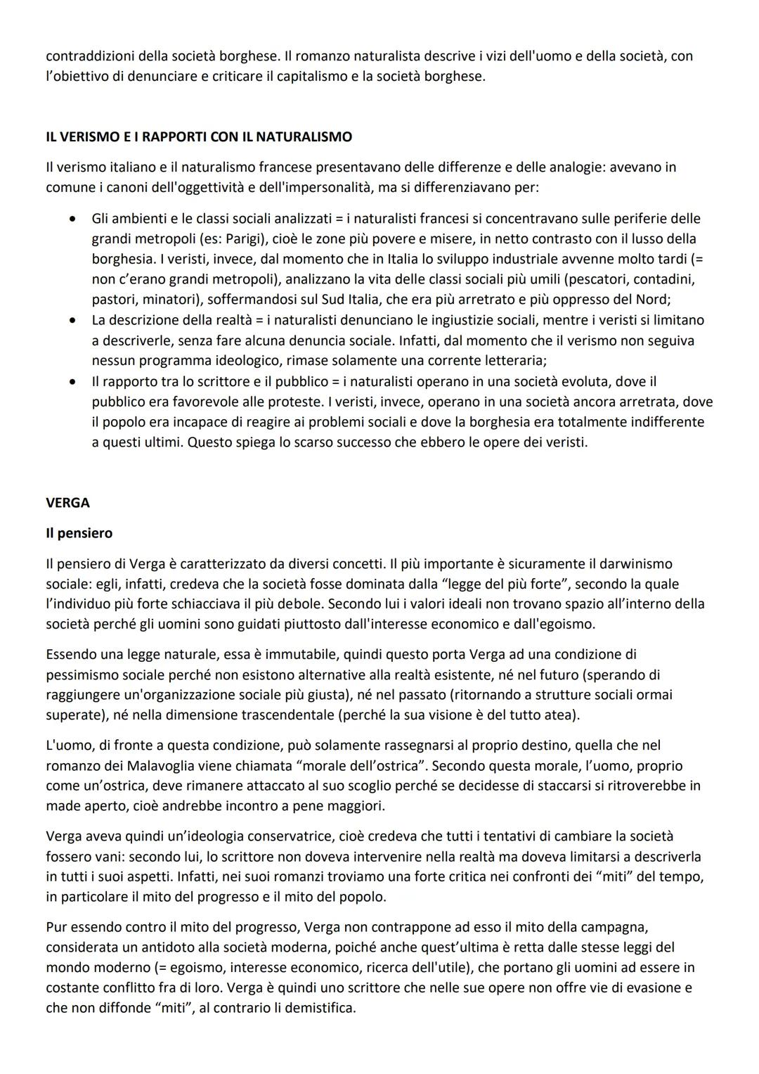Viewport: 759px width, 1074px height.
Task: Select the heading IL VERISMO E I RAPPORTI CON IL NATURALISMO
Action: click(x=199, y=136)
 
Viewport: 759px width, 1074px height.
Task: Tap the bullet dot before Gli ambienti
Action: click(x=72, y=219)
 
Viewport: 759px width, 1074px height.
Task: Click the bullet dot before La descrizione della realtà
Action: click(x=72, y=321)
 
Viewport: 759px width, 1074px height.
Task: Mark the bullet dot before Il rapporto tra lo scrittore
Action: click(x=72, y=382)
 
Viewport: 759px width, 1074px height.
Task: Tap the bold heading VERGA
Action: click(x=68, y=503)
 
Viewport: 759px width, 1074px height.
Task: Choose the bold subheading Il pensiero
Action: click(x=79, y=533)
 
